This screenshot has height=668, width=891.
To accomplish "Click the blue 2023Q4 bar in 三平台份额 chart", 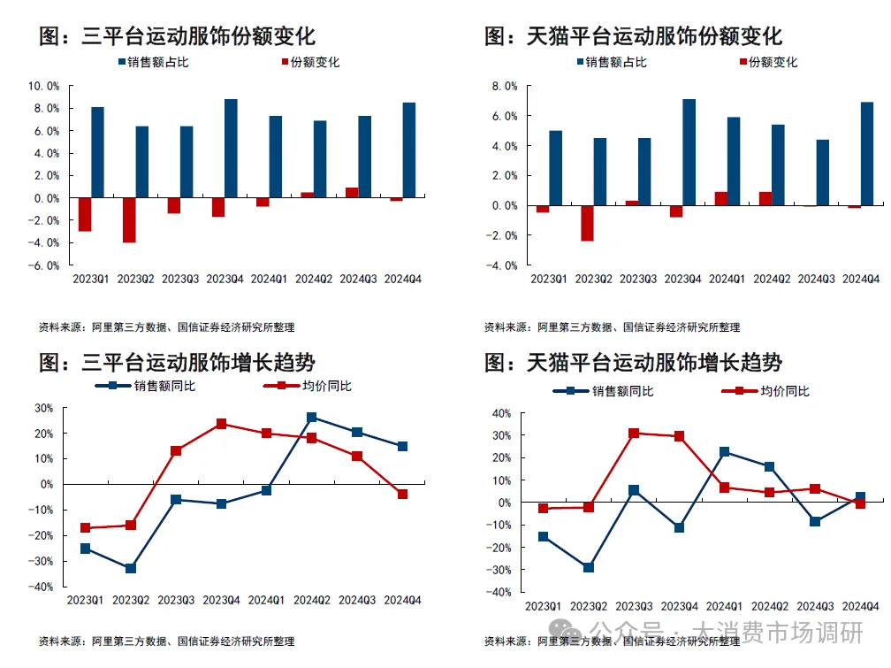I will pyautogui.click(x=231, y=148).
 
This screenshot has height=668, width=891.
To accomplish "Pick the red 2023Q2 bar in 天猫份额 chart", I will pyautogui.click(x=587, y=223).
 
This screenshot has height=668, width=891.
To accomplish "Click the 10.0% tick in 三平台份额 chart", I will pyautogui.click(x=44, y=86).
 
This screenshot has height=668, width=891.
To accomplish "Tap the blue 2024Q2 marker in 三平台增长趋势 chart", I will pyautogui.click(x=312, y=417).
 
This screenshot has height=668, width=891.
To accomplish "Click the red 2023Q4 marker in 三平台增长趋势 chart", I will pyautogui.click(x=221, y=424).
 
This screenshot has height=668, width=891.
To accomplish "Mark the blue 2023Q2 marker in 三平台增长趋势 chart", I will pyautogui.click(x=131, y=568).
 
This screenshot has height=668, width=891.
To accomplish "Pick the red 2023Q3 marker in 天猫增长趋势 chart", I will pyautogui.click(x=633, y=434).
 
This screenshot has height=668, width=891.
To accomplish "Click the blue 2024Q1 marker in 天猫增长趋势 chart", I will pyautogui.click(x=724, y=451).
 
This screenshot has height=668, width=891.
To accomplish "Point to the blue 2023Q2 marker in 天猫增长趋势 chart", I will pyautogui.click(x=588, y=567).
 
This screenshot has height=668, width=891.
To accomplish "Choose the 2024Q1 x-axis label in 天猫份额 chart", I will pyautogui.click(x=727, y=280).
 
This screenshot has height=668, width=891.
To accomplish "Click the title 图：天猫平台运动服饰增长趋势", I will pyautogui.click(x=633, y=362).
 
